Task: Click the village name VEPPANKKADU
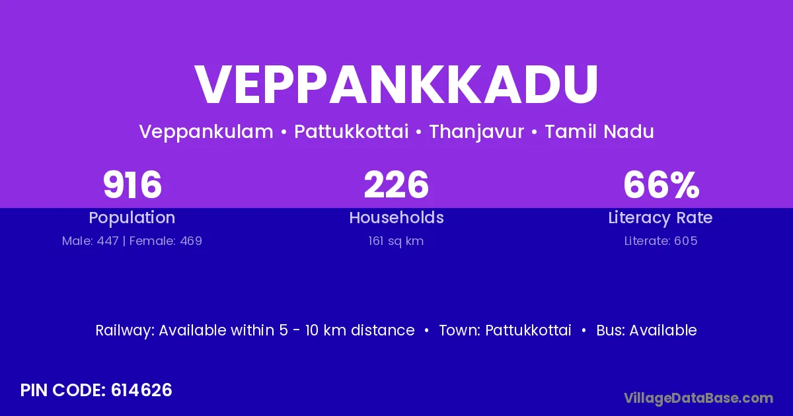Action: coord(397,85)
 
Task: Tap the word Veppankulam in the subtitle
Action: coord(206,132)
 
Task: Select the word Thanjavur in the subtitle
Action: coord(476,132)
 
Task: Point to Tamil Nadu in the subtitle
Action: coord(599,131)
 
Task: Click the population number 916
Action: coord(132,185)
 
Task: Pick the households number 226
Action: coord(396,185)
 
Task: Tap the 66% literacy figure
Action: coord(661,185)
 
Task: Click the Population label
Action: coord(132,218)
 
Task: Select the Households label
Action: coord(397,217)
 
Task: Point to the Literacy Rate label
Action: coord(660,218)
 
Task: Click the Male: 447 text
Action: coord(91,241)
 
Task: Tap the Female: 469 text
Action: coord(166,241)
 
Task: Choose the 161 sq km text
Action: coord(396,241)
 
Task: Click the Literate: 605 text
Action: coord(661,241)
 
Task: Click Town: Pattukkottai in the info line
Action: coord(505,330)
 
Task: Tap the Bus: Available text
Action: coord(646,330)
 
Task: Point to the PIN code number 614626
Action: coord(141,390)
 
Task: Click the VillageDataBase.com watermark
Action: coord(699,398)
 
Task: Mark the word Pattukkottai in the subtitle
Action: coord(352,131)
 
